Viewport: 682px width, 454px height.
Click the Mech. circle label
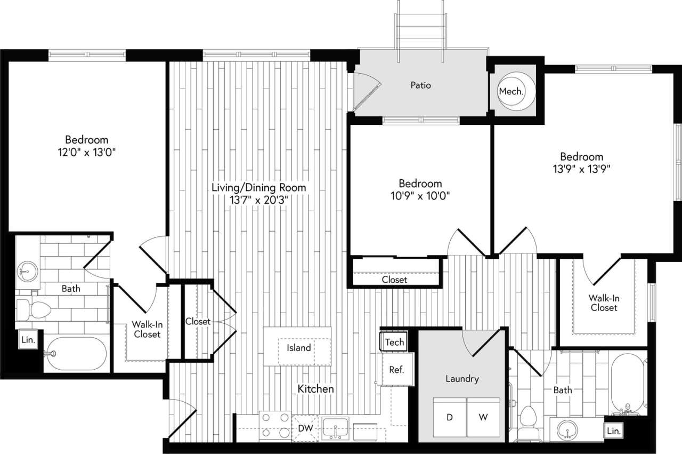[x=511, y=91]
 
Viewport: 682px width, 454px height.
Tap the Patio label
[x=421, y=85]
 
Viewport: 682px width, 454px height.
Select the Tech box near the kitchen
[x=394, y=342]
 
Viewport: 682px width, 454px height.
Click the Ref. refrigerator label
[x=395, y=369]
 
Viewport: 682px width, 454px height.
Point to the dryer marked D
[x=449, y=418]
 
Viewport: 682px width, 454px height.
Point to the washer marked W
[x=483, y=418]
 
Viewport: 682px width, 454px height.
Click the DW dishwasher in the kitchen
[x=305, y=428]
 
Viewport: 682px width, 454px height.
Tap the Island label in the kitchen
[x=299, y=348]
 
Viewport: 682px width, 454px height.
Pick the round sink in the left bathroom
[x=26, y=272]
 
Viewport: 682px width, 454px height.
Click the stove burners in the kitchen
[x=275, y=425]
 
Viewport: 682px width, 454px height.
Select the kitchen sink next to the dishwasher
[x=335, y=427]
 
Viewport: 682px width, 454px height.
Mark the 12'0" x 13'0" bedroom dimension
[x=87, y=152]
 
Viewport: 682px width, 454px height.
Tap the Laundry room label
[x=462, y=379]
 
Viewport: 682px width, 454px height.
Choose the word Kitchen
[x=316, y=389]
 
